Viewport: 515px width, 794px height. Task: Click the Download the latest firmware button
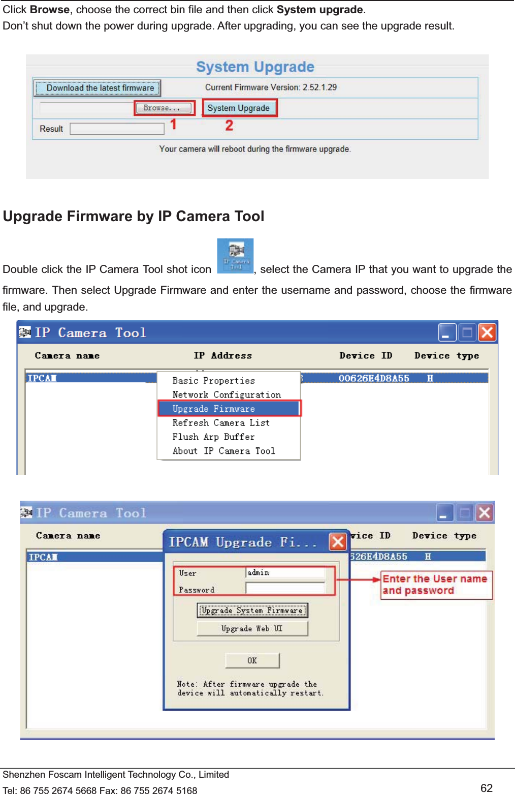point(98,88)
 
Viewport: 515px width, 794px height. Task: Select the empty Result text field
point(117,129)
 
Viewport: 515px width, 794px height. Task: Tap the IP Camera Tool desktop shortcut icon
point(235,256)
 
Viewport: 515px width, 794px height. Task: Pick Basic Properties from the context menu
point(213,381)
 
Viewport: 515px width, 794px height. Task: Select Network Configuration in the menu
point(227,395)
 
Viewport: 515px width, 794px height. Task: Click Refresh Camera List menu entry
point(221,423)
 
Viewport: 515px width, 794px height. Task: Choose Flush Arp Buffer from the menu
point(213,437)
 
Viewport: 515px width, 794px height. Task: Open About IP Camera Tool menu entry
point(223,451)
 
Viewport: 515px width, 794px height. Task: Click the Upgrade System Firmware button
point(252,610)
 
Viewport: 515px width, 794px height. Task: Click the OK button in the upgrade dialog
point(252,660)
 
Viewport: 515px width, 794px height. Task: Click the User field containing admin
point(285,573)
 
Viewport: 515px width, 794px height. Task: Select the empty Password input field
point(285,589)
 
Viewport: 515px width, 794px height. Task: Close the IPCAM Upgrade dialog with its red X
point(338,542)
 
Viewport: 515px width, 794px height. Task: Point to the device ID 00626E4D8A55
point(374,378)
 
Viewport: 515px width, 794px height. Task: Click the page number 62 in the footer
point(487,788)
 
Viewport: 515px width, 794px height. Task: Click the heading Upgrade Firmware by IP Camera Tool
point(134,217)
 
